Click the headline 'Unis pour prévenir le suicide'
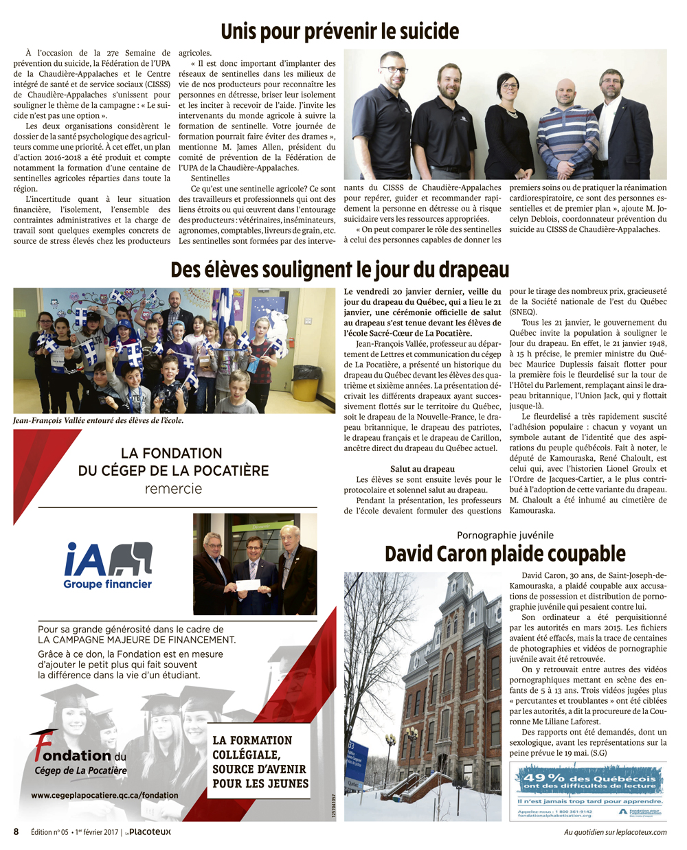click(339, 32)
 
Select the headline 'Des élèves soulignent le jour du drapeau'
click(339, 269)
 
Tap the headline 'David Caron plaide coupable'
click(505, 554)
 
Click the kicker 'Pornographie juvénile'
click(505, 536)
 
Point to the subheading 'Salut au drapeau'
click(423, 469)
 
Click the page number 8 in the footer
click(16, 831)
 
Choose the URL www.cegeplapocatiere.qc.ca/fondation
click(104, 795)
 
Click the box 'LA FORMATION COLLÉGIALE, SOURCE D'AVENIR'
click(260, 761)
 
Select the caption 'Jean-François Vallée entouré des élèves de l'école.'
click(98, 420)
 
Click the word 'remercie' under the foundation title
click(173, 489)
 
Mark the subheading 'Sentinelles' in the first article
click(210, 179)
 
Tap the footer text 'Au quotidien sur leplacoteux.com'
click(615, 832)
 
